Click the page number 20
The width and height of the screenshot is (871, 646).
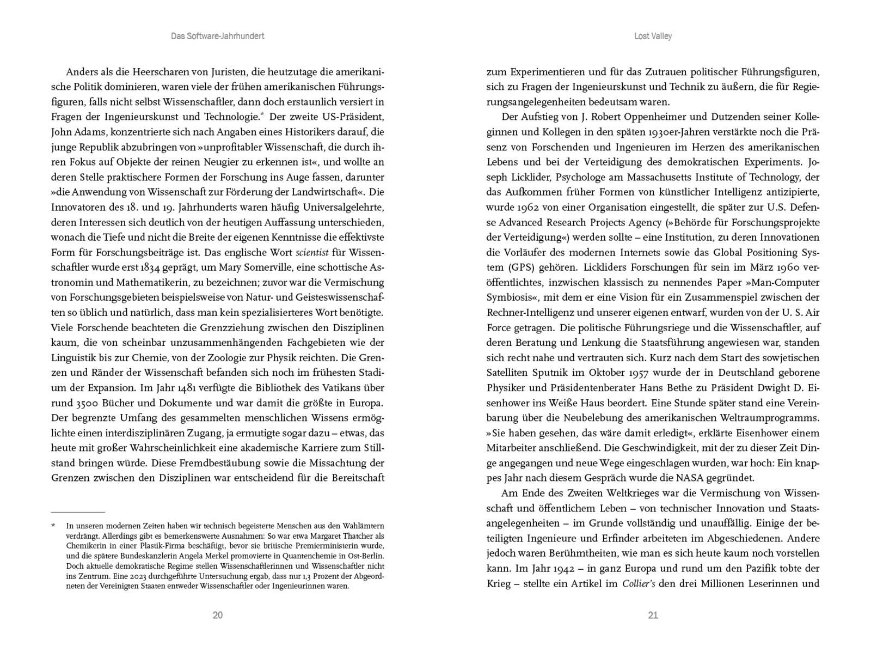click(217, 615)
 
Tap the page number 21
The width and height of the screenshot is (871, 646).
click(653, 615)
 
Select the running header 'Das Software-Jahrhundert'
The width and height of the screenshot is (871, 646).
click(217, 36)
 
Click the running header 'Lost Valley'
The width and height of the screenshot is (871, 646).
click(653, 36)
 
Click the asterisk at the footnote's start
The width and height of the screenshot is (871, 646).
click(53, 526)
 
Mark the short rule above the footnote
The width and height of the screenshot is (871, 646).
click(78, 512)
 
